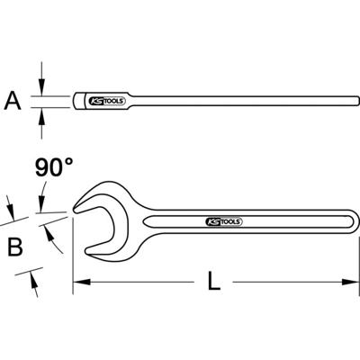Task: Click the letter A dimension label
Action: click(13, 101)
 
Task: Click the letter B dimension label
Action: click(13, 245)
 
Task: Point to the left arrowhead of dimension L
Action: click(79, 283)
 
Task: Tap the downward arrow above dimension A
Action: click(40, 86)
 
